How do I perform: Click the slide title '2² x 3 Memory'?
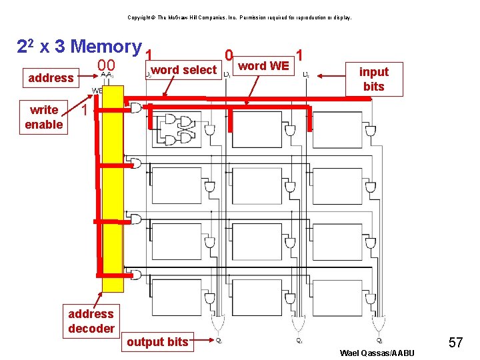(79, 47)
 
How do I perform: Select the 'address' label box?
(51, 78)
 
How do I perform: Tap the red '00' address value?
(107, 65)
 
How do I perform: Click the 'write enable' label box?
(44, 117)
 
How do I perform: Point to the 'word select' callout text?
(184, 70)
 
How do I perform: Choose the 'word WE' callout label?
(264, 65)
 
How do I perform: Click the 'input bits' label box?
(374, 79)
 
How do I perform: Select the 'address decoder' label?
(91, 321)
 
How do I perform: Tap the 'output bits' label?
(157, 342)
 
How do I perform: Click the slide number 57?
(456, 343)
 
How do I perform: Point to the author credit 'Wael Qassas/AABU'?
(377, 353)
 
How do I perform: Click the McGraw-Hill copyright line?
(239, 17)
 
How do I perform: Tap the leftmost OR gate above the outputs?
(217, 324)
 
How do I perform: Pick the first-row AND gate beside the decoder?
(136, 107)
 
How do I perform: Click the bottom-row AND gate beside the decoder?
(136, 274)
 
